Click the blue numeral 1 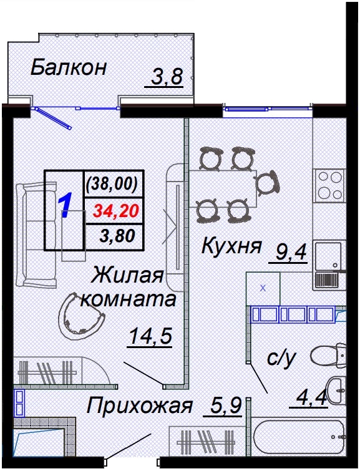(66, 206)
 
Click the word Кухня (231, 247)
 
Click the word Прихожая (139, 407)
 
